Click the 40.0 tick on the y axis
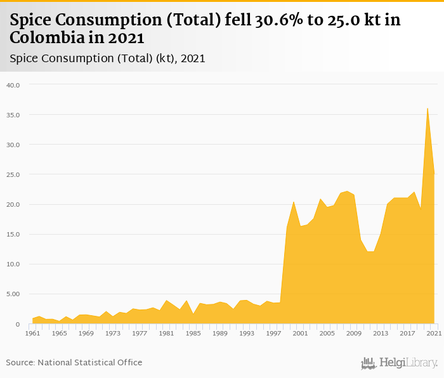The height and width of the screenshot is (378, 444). tap(13, 85)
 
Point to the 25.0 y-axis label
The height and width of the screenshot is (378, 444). tap(13, 174)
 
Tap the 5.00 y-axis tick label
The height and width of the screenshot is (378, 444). tap(13, 294)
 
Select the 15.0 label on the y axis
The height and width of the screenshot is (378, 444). tap(13, 234)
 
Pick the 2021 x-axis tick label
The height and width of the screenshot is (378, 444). tap(434, 333)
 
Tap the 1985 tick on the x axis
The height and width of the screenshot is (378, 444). tap(193, 333)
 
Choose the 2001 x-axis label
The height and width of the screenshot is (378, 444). tap(300, 333)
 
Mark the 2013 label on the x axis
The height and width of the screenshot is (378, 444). tap(381, 333)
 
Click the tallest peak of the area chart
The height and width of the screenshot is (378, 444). tap(428, 108)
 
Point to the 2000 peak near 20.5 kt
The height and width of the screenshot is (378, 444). tap(294, 202)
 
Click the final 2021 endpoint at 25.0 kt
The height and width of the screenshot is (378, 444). tap(434, 174)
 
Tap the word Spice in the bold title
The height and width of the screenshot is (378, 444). tap(30, 20)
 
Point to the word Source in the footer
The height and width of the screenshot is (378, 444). tap(20, 363)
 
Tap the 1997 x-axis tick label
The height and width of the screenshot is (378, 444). tap(273, 333)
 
